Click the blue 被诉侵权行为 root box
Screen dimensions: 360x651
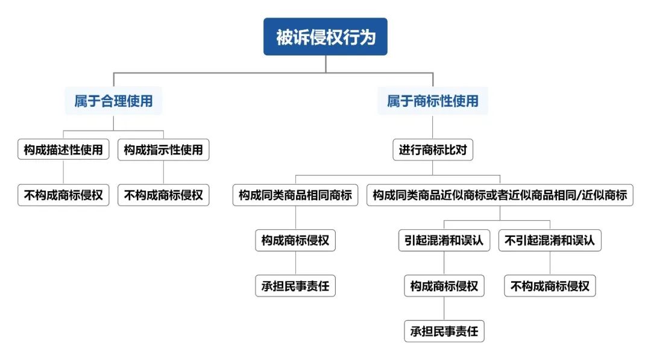coord(325,37)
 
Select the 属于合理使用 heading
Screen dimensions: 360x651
coord(113,101)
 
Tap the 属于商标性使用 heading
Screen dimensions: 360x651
coord(432,101)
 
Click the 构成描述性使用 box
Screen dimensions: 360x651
coord(63,150)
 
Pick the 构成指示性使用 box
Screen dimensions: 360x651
coord(163,150)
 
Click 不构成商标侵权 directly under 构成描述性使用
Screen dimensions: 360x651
coord(63,195)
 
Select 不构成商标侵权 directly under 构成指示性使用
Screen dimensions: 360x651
coord(163,195)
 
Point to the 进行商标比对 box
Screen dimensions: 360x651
coord(432,150)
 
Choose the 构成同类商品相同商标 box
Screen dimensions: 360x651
coord(295,195)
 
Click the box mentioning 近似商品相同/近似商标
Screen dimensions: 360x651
coord(500,195)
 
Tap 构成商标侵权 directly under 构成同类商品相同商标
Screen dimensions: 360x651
coord(295,241)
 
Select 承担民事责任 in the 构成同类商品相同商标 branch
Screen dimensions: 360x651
coord(295,286)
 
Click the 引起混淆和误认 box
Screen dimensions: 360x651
coord(444,241)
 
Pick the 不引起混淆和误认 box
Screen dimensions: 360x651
coord(550,241)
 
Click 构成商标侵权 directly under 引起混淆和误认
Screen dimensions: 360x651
coord(444,286)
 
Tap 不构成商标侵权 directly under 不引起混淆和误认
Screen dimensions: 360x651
coord(550,286)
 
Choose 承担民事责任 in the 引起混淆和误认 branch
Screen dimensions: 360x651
coord(444,331)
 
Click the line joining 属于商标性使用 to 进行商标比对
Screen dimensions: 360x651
coord(432,127)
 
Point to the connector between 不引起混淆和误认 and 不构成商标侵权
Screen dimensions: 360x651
coord(550,263)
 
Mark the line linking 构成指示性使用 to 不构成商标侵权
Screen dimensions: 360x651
coord(163,172)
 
